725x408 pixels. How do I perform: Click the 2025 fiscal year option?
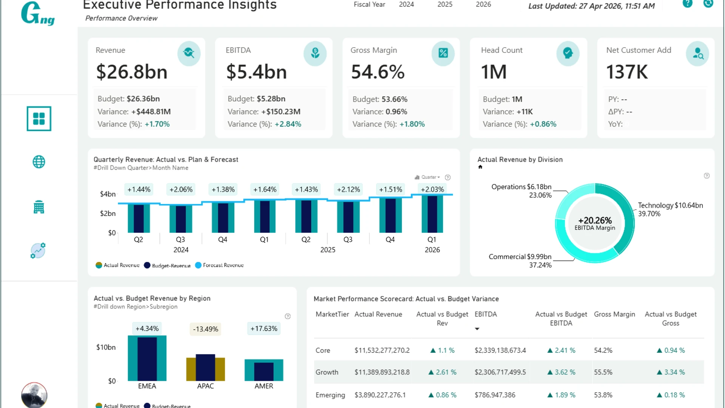(x=445, y=5)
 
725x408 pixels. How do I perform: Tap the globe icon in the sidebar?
(x=39, y=162)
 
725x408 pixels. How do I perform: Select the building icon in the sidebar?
(x=39, y=207)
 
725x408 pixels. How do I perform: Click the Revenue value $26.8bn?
(x=132, y=72)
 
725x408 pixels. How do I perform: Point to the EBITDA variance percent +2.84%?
(x=288, y=124)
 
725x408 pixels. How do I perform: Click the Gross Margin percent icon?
(x=443, y=53)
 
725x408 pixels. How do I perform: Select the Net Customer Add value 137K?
(x=627, y=72)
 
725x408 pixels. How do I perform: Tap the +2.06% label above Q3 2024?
(x=181, y=190)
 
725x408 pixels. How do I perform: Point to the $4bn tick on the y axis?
(x=108, y=194)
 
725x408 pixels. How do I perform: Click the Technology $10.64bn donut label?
(x=670, y=206)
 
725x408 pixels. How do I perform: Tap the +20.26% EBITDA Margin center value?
(x=595, y=221)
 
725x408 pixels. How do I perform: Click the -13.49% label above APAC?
(x=205, y=329)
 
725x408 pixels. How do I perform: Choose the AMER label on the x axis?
(x=264, y=386)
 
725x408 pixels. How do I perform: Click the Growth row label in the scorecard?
(x=327, y=372)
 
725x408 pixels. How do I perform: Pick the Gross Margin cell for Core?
(x=603, y=351)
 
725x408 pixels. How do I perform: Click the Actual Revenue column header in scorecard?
(x=378, y=314)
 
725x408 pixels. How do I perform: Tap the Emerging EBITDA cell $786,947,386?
(x=495, y=395)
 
